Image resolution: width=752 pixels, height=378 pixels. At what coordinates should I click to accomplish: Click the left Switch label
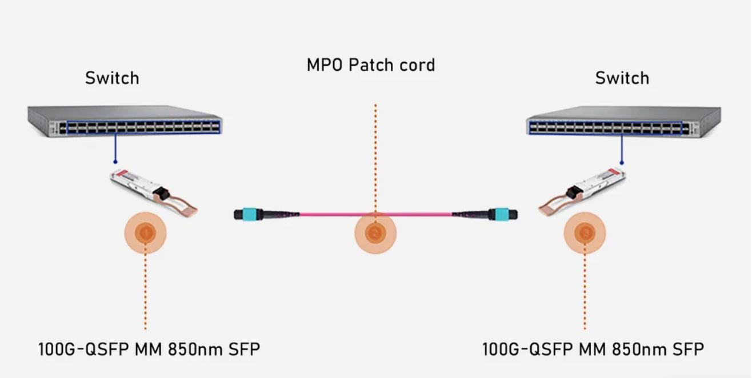click(x=112, y=78)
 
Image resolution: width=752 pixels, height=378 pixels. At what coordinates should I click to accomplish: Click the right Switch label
click(x=622, y=78)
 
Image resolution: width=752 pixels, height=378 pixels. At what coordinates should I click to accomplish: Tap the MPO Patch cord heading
click(x=371, y=65)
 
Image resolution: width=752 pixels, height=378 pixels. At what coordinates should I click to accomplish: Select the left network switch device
click(x=125, y=120)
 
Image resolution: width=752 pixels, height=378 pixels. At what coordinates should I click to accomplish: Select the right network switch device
click(x=623, y=120)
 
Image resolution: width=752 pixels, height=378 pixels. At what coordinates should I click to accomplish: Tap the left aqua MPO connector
click(x=253, y=215)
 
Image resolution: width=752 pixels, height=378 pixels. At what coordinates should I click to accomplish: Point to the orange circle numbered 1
click(x=145, y=232)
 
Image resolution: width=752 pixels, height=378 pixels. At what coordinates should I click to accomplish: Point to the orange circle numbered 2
click(x=375, y=232)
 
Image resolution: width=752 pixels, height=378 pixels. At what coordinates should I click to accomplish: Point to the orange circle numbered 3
click(x=585, y=232)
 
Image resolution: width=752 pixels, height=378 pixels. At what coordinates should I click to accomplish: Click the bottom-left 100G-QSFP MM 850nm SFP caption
click(x=153, y=348)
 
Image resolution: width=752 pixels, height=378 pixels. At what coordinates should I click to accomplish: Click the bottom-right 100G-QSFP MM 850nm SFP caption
click(x=593, y=348)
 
